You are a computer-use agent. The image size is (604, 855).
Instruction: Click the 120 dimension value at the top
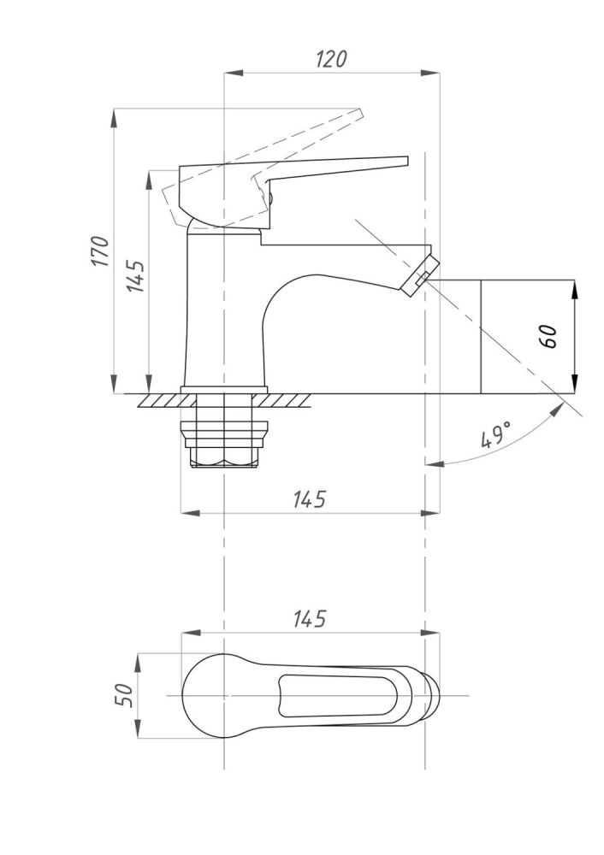coord(331,58)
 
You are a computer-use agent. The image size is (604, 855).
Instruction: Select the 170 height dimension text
coord(100,251)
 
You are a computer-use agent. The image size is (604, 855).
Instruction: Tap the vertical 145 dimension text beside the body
coord(135,276)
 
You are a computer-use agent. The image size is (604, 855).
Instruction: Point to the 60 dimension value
coord(548,336)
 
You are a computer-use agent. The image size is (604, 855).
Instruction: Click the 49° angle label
coord(496,434)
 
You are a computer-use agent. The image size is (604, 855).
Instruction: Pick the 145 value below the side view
coord(310,499)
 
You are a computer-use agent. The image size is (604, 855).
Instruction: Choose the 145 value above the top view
coord(310,619)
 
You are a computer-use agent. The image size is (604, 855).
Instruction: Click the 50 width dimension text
coord(124,695)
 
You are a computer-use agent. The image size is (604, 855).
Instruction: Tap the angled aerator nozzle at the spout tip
coord(419,275)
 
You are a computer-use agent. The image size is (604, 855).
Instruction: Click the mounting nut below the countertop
coord(224,444)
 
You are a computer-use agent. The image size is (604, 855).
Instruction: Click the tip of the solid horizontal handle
coord(406,161)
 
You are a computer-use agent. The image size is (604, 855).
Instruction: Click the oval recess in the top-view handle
coord(338,695)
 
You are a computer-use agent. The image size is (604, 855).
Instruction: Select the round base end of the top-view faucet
coord(203,695)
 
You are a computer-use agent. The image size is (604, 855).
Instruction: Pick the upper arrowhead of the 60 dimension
coord(574,289)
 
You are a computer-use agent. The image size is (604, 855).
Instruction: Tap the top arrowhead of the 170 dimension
coord(114,118)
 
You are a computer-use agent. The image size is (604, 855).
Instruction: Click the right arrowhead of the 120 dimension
coord(430,73)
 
